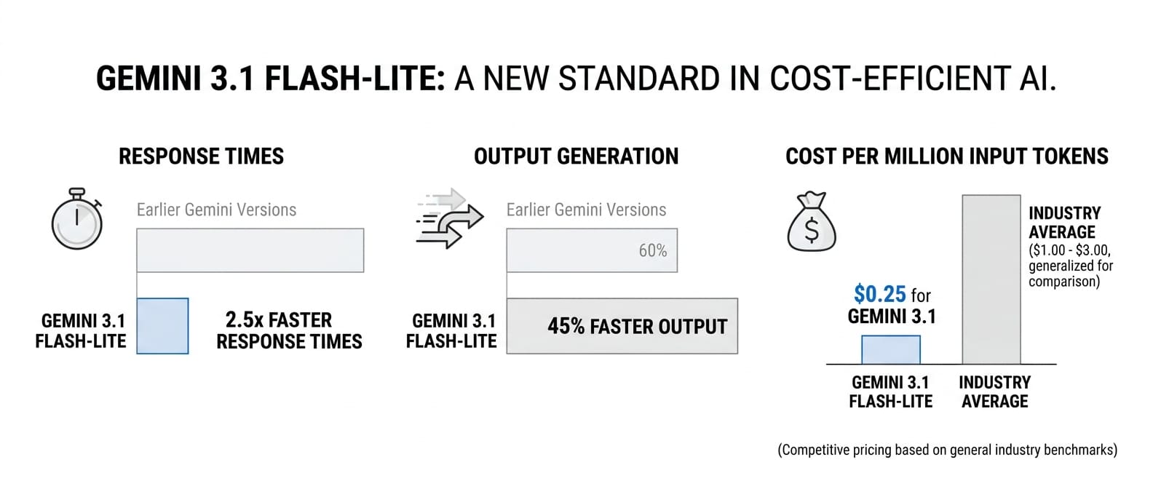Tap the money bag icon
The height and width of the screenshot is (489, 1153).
click(812, 222)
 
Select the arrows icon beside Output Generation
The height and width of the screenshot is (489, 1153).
click(449, 218)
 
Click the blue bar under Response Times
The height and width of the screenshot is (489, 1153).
click(162, 326)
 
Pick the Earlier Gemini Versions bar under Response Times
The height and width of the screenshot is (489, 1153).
click(250, 250)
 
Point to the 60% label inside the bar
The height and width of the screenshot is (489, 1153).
click(653, 250)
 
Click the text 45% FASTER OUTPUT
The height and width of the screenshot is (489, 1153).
click(637, 326)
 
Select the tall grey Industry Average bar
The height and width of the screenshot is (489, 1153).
click(991, 279)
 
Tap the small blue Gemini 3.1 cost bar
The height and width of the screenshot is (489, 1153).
click(891, 350)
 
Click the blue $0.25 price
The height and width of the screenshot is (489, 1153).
click(880, 294)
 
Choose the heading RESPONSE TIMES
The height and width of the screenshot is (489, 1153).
click(201, 156)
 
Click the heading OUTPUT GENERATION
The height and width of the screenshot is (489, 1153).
click(576, 156)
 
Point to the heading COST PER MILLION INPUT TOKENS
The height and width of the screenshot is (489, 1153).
click(946, 156)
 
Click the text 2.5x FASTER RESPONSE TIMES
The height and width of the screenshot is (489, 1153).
click(289, 330)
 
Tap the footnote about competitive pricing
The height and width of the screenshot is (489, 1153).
click(947, 450)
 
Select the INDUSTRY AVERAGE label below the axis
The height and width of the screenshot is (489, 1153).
click(994, 391)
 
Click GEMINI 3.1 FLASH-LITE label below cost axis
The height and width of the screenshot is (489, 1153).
click(890, 391)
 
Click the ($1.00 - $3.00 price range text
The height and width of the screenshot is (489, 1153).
click(1069, 250)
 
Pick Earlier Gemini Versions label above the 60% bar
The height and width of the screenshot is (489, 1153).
click(586, 210)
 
